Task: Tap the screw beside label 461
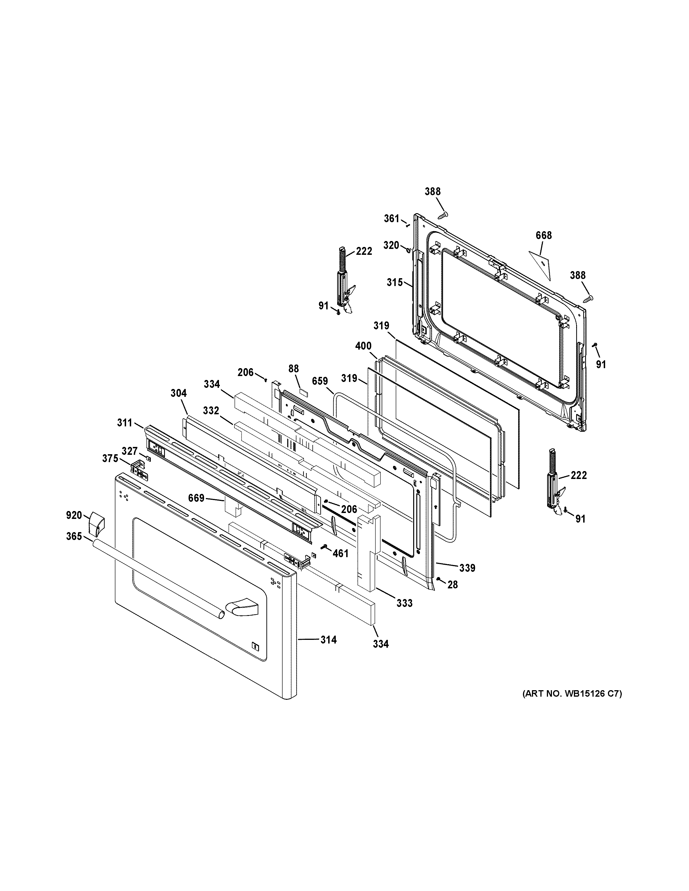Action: tap(325, 547)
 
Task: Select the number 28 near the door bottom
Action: tap(452, 585)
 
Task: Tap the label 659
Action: tap(320, 381)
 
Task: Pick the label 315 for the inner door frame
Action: tap(395, 282)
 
